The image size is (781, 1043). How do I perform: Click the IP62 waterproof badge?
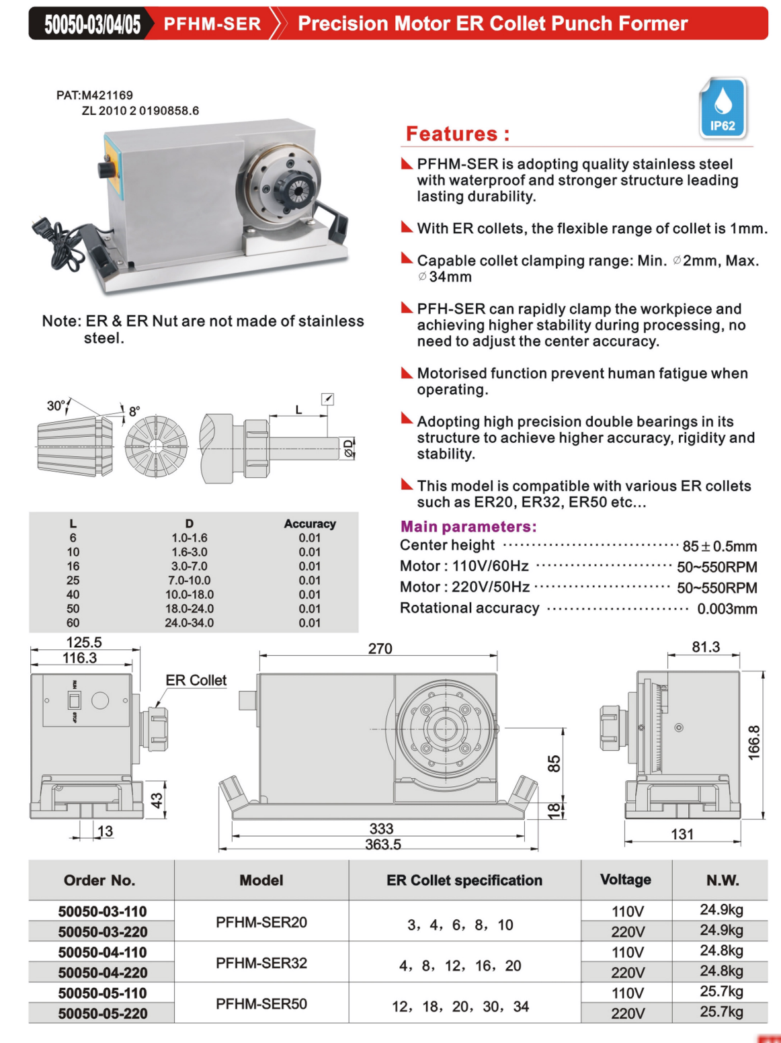coord(723,108)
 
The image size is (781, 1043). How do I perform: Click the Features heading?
coord(457,134)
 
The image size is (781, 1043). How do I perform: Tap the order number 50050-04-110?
coord(102,952)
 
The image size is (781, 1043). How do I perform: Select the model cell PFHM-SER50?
coord(261,1003)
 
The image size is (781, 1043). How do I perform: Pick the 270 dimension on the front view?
coord(380,649)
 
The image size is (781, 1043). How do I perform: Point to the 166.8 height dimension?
coord(754,743)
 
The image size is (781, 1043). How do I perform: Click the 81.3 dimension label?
coord(705,647)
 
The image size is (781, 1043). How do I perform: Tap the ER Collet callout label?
coord(196,680)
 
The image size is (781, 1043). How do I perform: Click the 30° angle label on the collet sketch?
coord(56,405)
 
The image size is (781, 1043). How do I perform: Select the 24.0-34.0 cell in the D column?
coord(189,623)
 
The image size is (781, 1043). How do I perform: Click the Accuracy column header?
coord(309,524)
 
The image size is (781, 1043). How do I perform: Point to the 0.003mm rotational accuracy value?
coord(727,609)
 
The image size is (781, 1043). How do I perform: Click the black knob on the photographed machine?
coord(106,168)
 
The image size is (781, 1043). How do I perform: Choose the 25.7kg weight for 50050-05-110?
coord(721,991)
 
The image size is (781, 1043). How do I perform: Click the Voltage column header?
coord(626,880)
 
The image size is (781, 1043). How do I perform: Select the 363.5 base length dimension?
coord(382,844)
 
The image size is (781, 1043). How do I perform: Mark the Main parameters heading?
coord(468,527)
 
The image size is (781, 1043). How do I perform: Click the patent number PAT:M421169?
coord(94,95)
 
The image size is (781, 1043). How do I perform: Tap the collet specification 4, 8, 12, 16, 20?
coord(460,966)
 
